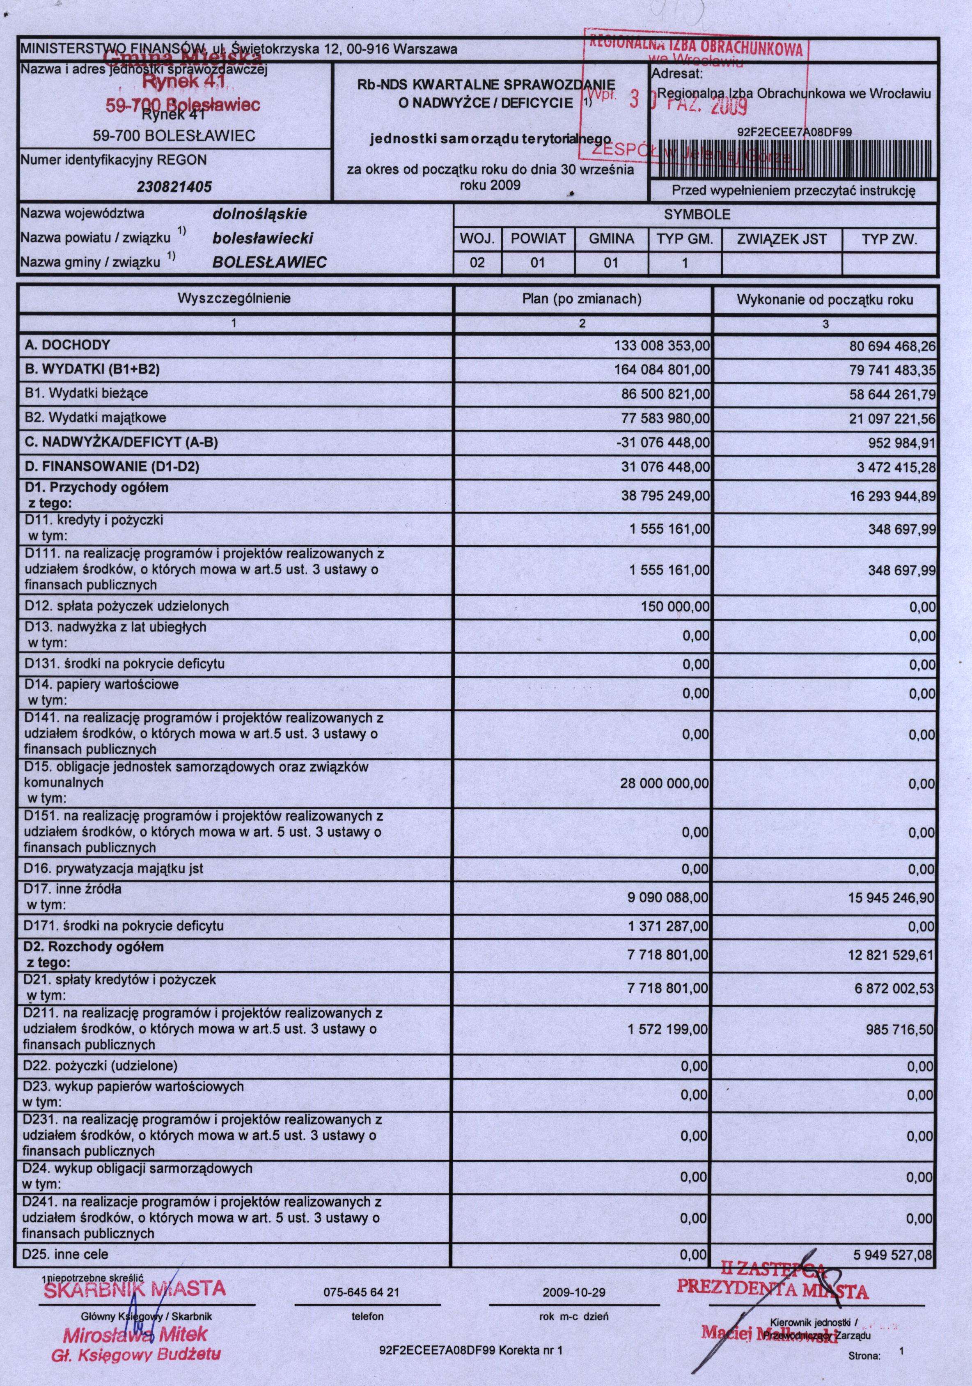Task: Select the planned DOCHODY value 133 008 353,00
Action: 662,345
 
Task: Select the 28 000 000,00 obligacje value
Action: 664,784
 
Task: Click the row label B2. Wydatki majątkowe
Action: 95,418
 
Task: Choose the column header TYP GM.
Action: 685,239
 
